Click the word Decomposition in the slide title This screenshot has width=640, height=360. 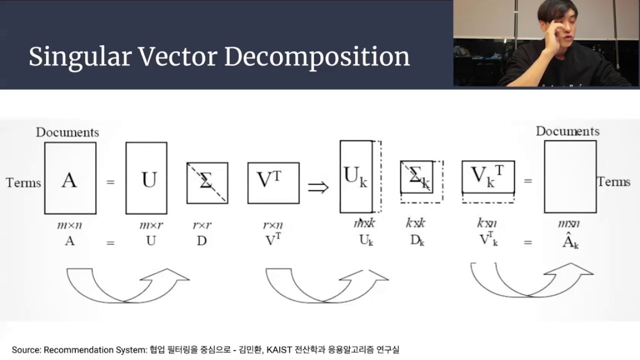coord(317,57)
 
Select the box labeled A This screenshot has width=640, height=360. coord(70,178)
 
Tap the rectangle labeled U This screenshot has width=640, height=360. coord(146,178)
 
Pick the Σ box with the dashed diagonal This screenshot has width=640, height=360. coord(207,183)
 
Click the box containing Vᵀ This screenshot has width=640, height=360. coord(273,183)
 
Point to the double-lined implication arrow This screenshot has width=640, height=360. coord(318,187)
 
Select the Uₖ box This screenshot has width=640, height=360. coord(356,176)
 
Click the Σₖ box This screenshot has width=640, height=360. coord(417,176)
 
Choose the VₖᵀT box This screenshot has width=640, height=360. coord(488,176)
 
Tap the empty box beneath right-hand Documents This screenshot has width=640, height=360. coord(570,176)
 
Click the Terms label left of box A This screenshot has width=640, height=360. coord(23,182)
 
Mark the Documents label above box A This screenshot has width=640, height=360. coord(67,132)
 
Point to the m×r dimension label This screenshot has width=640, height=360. coord(151,225)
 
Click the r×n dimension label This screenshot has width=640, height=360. coord(273,225)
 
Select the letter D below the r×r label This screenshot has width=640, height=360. coord(201,241)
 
